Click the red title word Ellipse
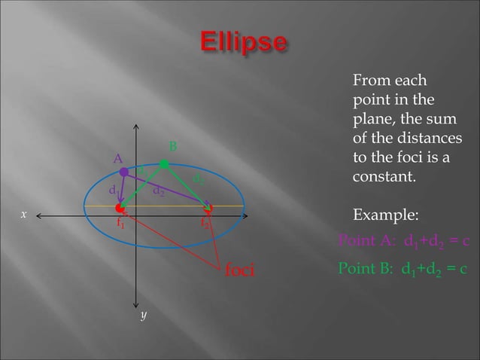pyautogui.click(x=242, y=42)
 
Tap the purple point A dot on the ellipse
pyautogui.click(x=124, y=172)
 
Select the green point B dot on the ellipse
pyautogui.click(x=164, y=163)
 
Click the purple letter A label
pyautogui.click(x=117, y=159)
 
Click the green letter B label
pyautogui.click(x=172, y=145)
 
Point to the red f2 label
pyautogui.click(x=205, y=224)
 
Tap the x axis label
pyautogui.click(x=23, y=215)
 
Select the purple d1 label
pyautogui.click(x=113, y=190)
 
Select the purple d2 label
pyautogui.click(x=159, y=191)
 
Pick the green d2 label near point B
pyautogui.click(x=199, y=179)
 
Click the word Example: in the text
pyautogui.click(x=385, y=217)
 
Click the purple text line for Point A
pyautogui.click(x=404, y=242)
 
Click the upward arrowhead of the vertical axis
pyautogui.click(x=136, y=127)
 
